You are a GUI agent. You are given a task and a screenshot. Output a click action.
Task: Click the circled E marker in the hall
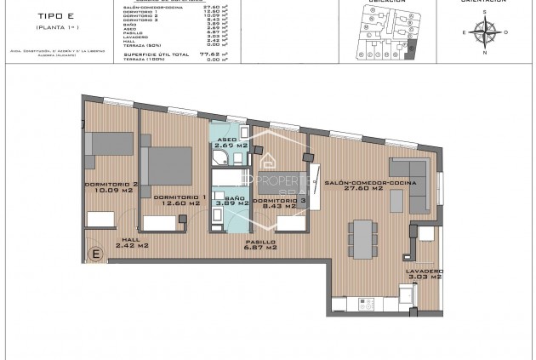(96, 253)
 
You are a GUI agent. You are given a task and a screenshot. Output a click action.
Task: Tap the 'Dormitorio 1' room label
(178, 200)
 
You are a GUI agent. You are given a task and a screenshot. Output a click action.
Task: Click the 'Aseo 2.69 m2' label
(231, 142)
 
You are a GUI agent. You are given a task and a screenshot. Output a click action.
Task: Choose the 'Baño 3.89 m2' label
(231, 201)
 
